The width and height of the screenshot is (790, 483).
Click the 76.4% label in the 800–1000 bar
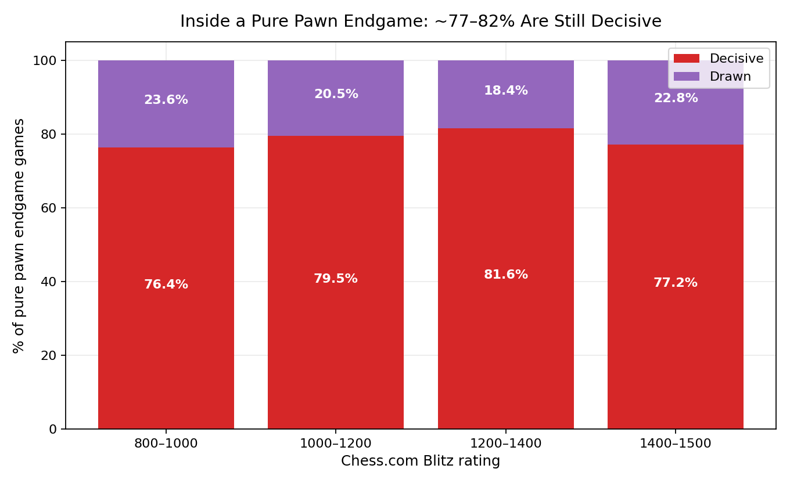tap(166, 284)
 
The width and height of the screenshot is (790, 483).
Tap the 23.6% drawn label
tap(166, 100)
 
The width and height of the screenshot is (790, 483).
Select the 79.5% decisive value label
tap(336, 279)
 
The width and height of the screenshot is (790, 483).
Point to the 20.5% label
tap(336, 94)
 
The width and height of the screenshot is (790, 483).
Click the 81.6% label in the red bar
tap(506, 274)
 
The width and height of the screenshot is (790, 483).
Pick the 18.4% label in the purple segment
tap(506, 91)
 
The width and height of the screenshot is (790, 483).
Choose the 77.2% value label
tap(676, 283)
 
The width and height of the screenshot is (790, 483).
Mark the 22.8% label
tap(676, 98)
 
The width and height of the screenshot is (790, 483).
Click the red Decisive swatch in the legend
tap(687, 59)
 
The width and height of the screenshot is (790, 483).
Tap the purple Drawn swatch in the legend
tap(687, 77)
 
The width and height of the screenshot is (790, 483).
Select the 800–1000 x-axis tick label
tap(166, 443)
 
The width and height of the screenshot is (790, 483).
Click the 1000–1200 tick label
tap(335, 443)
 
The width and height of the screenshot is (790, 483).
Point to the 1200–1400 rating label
tap(506, 443)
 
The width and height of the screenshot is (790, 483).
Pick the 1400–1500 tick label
tap(676, 443)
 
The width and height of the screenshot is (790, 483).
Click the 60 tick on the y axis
tap(49, 208)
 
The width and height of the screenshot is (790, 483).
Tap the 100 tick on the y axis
tap(44, 60)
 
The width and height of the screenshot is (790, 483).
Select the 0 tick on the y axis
tap(53, 429)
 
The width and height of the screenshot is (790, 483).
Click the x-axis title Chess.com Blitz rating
tap(421, 461)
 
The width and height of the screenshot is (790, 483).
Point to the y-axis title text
tap(19, 236)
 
